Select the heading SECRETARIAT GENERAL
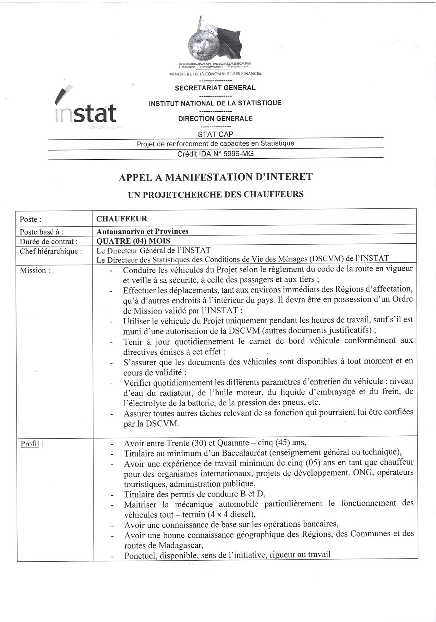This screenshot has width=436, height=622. click(x=215, y=88)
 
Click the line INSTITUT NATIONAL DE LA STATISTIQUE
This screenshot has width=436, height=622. click(x=215, y=103)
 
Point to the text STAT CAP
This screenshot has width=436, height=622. click(x=216, y=134)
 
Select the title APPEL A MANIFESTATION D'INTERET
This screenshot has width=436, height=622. click(x=216, y=177)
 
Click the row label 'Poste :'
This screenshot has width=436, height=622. click(x=31, y=219)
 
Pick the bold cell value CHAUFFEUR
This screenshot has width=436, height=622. click(x=122, y=219)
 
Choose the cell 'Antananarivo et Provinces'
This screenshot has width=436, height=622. click(x=143, y=231)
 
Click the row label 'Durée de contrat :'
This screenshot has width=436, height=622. click(x=49, y=242)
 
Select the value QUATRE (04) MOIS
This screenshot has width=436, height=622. click(x=133, y=241)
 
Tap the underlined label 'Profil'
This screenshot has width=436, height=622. click(x=30, y=444)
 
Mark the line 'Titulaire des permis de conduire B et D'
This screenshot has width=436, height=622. click(x=194, y=494)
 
